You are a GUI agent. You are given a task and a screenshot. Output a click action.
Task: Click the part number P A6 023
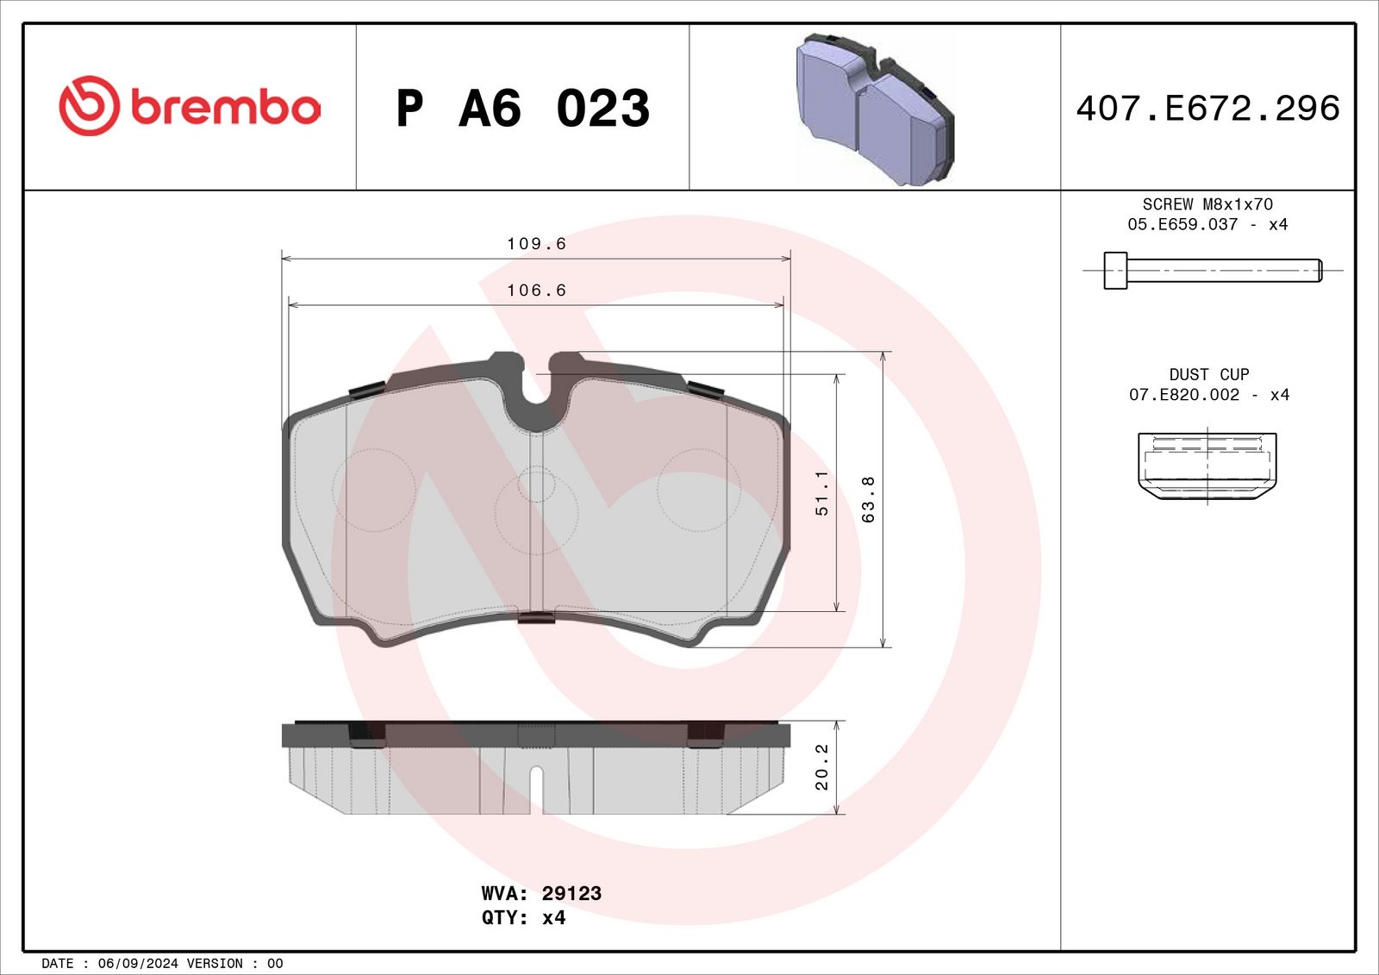pyautogui.click(x=522, y=109)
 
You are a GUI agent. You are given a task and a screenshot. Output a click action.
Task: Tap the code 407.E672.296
pyautogui.click(x=1207, y=109)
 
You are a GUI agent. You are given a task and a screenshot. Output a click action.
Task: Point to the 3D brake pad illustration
pyautogui.click(x=875, y=109)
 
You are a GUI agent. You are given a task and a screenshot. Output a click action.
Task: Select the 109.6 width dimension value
pyautogui.click(x=536, y=244)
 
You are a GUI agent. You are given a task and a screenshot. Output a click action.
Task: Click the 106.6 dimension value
pyautogui.click(x=536, y=291)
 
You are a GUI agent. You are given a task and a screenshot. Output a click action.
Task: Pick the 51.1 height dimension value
pyautogui.click(x=822, y=493)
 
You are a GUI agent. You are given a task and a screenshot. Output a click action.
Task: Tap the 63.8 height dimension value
pyautogui.click(x=868, y=499)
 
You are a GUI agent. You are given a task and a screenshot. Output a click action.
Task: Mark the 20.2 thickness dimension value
pyautogui.click(x=822, y=767)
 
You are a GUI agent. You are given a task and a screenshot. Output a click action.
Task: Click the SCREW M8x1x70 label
pyautogui.click(x=1207, y=203)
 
